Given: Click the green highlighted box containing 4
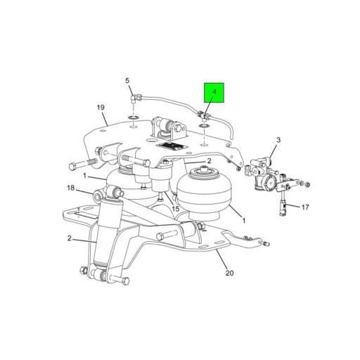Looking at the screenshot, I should (214, 92).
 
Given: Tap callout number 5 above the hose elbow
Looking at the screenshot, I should (128, 82).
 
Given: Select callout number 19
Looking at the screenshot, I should (101, 108).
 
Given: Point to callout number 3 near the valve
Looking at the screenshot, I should (278, 141).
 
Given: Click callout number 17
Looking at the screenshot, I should (305, 207).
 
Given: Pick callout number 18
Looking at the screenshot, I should (70, 188).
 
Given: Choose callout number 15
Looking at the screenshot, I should (176, 209).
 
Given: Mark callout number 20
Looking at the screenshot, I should (229, 273).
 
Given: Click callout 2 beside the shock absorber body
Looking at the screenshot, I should (70, 238).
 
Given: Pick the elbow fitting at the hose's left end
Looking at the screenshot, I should (138, 97).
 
